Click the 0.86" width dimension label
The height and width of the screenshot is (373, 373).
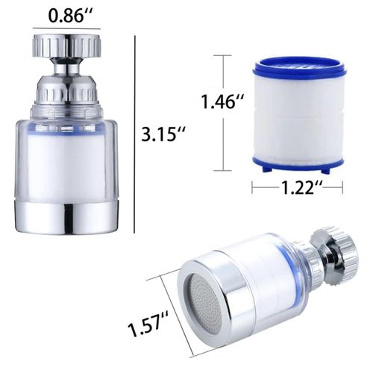click(67, 13)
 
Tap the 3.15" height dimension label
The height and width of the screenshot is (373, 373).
click(164, 134)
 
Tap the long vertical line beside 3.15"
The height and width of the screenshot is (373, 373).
click(134, 134)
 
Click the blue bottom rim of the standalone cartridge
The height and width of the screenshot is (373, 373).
click(298, 163)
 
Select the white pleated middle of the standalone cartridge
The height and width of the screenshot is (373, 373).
click(298, 116)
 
